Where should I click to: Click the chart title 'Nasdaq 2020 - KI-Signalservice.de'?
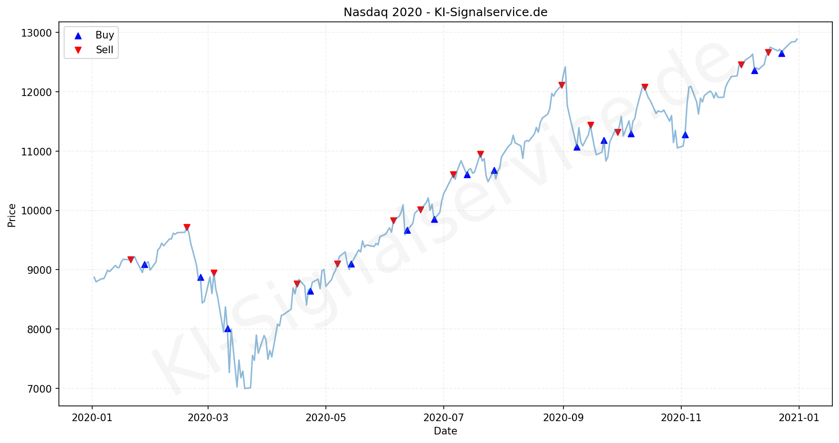click(445, 12)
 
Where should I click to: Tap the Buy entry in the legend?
click(105, 35)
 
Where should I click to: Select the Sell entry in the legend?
click(105, 50)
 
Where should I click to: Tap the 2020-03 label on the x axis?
click(208, 418)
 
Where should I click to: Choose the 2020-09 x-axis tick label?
click(563, 418)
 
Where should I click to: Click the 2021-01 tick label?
click(799, 418)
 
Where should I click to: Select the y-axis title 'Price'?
click(12, 215)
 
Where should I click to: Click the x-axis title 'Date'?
click(445, 431)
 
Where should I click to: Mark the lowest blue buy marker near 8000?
click(228, 328)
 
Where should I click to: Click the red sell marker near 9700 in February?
click(187, 227)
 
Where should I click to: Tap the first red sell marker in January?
click(131, 260)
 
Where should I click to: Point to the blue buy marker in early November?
click(685, 135)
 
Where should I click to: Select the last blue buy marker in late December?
click(782, 53)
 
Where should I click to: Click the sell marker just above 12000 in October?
click(645, 87)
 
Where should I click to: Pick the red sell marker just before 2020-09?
click(562, 85)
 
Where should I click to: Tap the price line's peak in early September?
click(565, 67)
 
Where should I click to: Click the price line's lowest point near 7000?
click(245, 388)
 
